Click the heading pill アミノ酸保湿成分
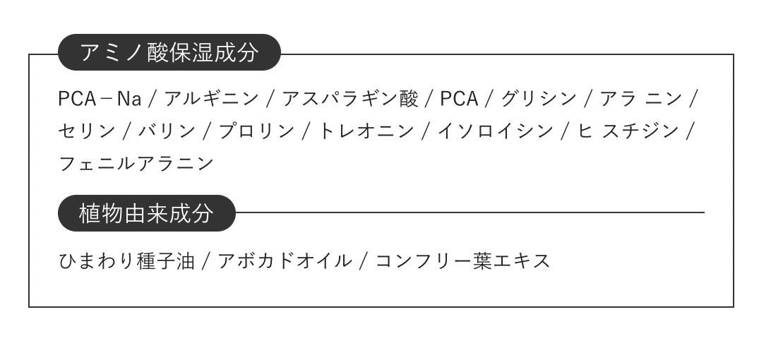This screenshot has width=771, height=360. click(x=169, y=53)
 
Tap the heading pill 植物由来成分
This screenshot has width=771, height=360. click(x=146, y=213)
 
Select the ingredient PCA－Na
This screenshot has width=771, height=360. click(x=100, y=99)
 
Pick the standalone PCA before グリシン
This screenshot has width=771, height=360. click(x=459, y=99)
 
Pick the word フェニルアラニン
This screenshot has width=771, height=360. click(x=136, y=164)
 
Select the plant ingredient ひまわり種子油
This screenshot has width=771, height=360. click(x=126, y=261)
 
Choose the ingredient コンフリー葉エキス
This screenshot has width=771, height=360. click(x=462, y=261)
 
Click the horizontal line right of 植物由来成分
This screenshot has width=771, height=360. click(x=470, y=212)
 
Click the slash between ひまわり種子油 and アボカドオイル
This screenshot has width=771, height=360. click(x=206, y=261)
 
